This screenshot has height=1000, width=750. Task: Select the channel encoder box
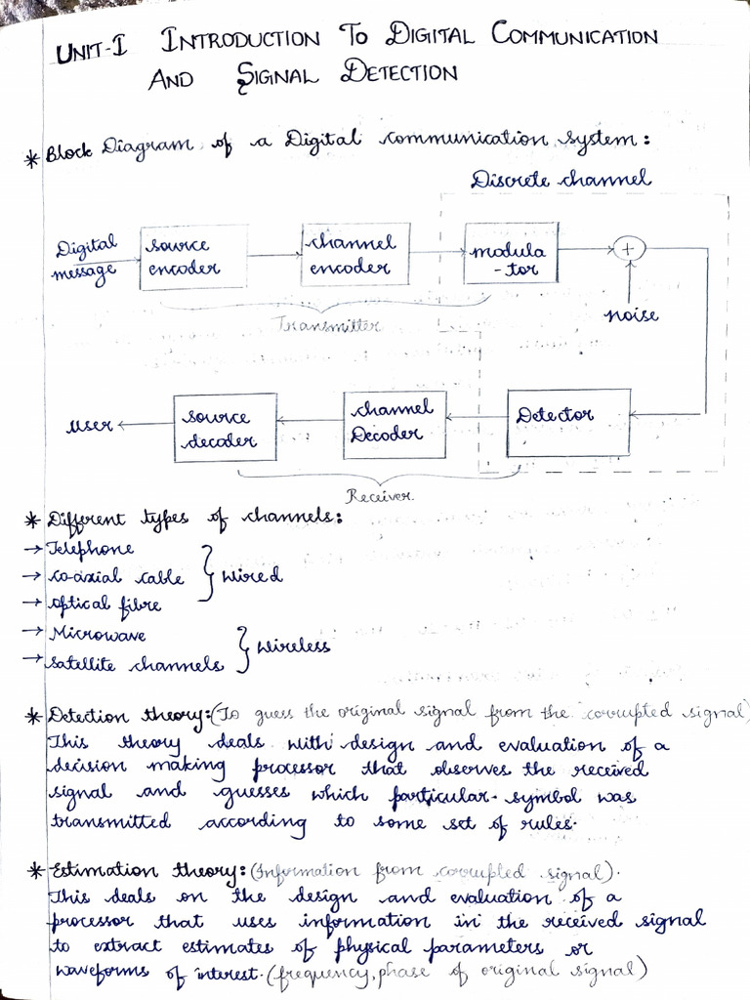(x=354, y=254)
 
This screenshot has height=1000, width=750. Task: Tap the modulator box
(x=511, y=253)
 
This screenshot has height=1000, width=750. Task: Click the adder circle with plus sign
(x=629, y=250)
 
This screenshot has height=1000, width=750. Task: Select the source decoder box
(x=225, y=428)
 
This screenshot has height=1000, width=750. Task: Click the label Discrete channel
(x=561, y=180)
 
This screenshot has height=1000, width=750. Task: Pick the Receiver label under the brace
(x=384, y=496)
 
